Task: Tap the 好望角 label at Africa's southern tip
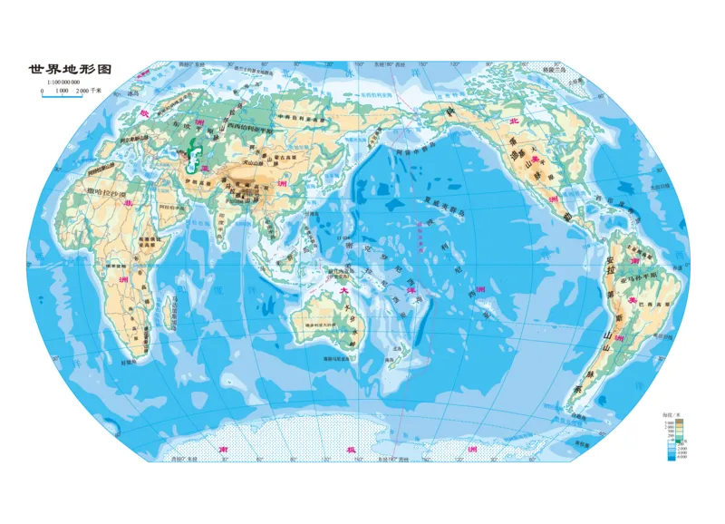128,362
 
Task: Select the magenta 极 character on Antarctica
350,450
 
